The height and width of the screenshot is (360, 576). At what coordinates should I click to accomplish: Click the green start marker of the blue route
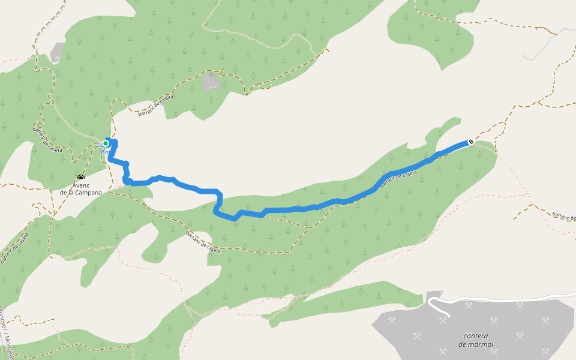106,143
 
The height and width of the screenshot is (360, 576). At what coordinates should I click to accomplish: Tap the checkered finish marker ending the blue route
471,142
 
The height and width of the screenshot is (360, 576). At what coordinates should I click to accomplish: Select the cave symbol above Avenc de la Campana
81,178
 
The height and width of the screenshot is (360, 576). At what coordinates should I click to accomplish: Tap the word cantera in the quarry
476,336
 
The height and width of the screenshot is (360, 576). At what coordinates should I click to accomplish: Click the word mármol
481,344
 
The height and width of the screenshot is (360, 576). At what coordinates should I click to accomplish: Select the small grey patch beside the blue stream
58,52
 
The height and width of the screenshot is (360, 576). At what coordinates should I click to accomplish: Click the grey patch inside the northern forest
211,83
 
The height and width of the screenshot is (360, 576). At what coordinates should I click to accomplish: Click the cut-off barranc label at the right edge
564,216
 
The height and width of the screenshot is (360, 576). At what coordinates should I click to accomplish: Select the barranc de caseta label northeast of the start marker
155,106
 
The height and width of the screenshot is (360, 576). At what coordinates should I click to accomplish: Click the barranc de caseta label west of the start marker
47,140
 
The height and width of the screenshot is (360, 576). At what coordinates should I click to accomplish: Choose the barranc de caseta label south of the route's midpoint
203,242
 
